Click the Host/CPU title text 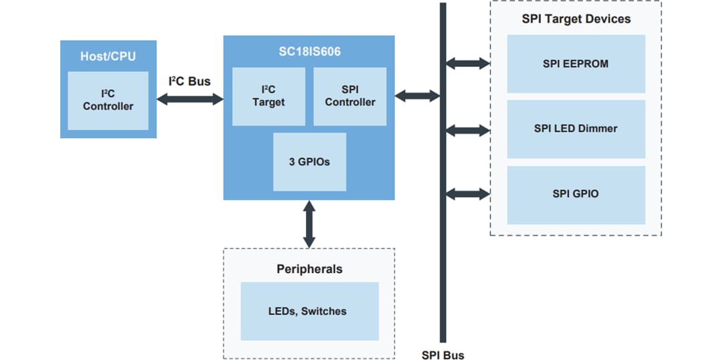click(108, 56)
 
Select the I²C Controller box click(108, 100)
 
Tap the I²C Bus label click(189, 82)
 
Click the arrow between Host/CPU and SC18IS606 click(189, 99)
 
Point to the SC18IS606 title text click(309, 52)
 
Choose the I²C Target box click(268, 96)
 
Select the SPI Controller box click(349, 96)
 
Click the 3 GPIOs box click(309, 162)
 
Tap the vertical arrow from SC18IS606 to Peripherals click(309, 223)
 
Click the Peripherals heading click(309, 269)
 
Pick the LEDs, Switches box click(309, 310)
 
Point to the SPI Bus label click(443, 355)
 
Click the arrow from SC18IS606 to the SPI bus click(416, 96)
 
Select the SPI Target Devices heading click(576, 19)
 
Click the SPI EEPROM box click(576, 64)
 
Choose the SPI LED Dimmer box click(576, 128)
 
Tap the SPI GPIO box click(576, 194)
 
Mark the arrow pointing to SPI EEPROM click(468, 64)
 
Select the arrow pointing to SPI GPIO click(468, 194)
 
